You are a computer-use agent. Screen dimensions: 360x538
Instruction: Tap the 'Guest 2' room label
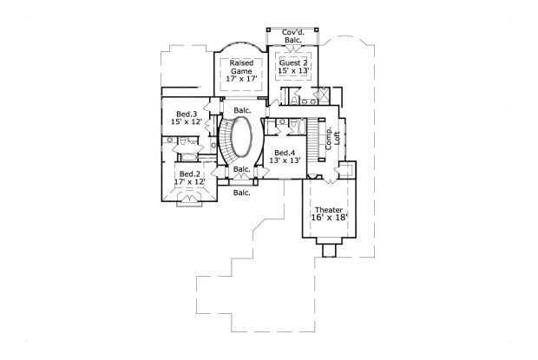292,62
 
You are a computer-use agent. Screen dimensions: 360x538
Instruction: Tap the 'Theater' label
328,210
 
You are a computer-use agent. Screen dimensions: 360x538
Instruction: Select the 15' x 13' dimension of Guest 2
292,72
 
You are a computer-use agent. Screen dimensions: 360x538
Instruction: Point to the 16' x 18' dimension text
328,219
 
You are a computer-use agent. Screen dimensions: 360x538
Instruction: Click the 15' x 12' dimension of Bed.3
187,123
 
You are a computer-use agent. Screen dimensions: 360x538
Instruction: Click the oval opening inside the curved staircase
240,139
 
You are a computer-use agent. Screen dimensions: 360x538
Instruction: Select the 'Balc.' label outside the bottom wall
241,192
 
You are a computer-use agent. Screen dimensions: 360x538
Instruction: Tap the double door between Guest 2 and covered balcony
292,49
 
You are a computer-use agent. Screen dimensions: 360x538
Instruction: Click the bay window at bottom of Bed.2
187,201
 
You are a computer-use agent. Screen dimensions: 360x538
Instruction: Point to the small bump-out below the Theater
329,251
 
